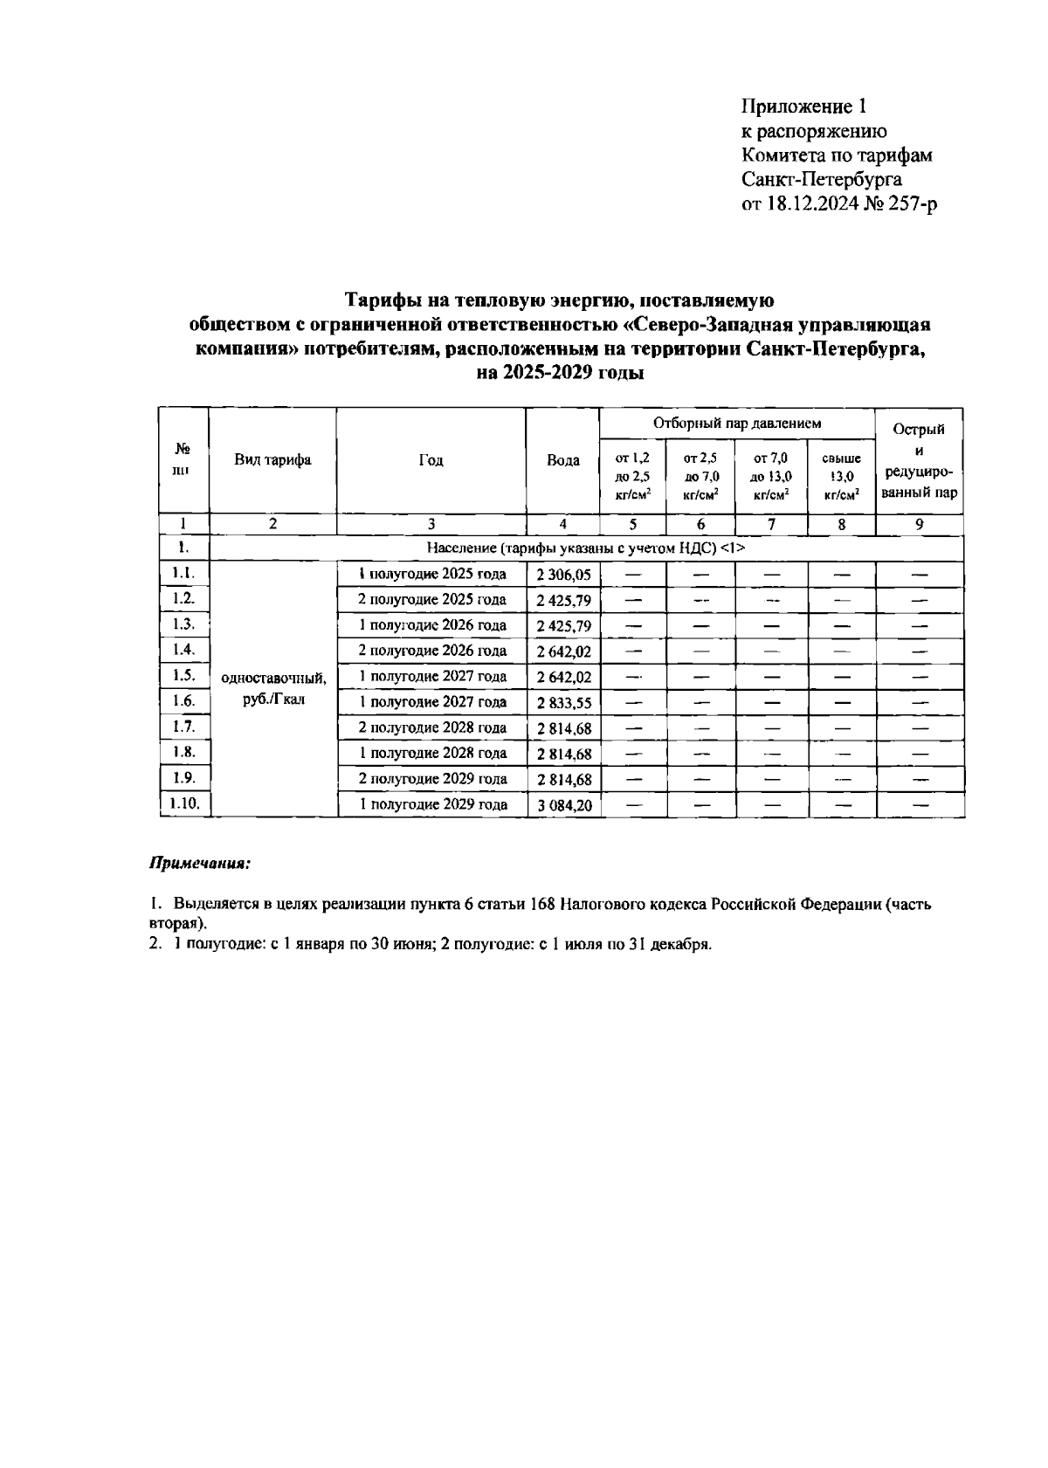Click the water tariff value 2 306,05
[x=563, y=575]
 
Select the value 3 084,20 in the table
[x=563, y=805]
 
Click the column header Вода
[x=563, y=460]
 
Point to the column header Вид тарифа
[x=272, y=460]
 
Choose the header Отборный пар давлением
[x=737, y=424]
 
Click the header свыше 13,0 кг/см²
[x=841, y=477]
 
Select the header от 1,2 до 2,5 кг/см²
[x=632, y=477]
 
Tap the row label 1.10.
[x=184, y=803]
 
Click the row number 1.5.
[x=183, y=675]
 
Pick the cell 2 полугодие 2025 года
[x=432, y=600]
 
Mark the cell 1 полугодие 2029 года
[x=433, y=804]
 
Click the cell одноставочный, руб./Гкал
[x=273, y=689]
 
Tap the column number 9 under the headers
[x=919, y=525]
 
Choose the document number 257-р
[x=913, y=204]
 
